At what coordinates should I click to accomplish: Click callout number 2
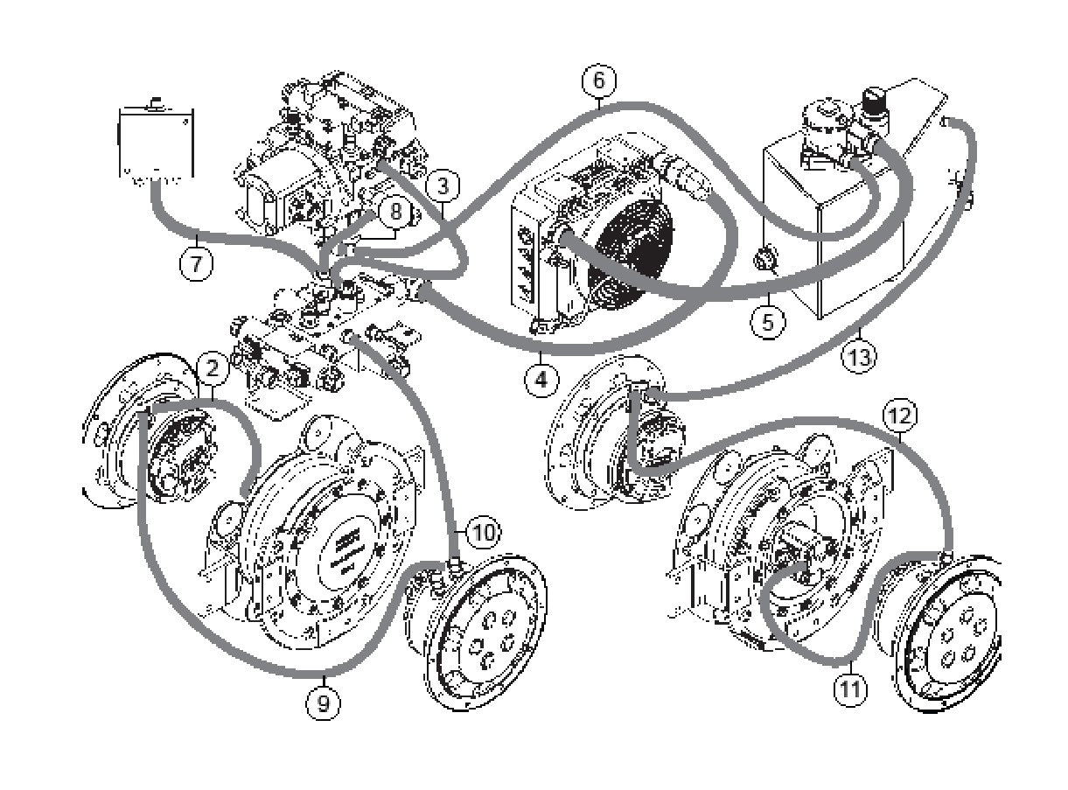pyautogui.click(x=213, y=367)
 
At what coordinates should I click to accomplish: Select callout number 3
pyautogui.click(x=443, y=185)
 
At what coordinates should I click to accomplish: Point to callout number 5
pyautogui.click(x=767, y=321)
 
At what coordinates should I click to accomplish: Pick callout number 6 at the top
pyautogui.click(x=598, y=80)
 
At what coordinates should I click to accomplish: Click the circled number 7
pyautogui.click(x=197, y=262)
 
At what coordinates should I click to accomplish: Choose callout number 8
pyautogui.click(x=395, y=212)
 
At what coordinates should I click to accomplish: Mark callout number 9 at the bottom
pyautogui.click(x=323, y=703)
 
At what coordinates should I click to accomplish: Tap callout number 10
pyautogui.click(x=484, y=530)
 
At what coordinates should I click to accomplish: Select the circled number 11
pyautogui.click(x=849, y=689)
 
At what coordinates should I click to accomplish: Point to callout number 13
pyautogui.click(x=858, y=357)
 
